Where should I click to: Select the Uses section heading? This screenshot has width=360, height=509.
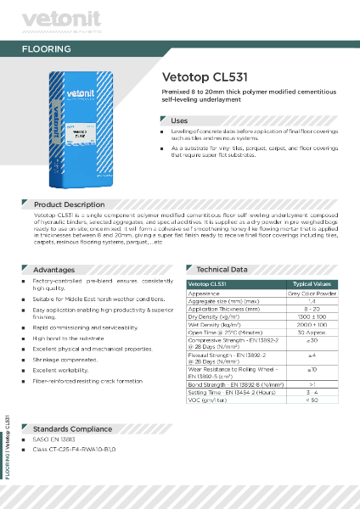(179, 120)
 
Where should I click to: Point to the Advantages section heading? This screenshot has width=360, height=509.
(53, 269)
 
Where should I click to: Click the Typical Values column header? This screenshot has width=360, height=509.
(312, 284)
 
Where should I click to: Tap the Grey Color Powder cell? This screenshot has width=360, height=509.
(312, 293)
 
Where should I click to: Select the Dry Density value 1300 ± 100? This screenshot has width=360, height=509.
(312, 316)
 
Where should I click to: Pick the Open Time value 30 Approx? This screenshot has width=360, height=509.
(312, 331)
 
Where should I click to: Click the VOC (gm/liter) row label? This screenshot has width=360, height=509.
(211, 399)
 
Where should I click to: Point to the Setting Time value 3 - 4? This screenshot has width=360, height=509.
(312, 391)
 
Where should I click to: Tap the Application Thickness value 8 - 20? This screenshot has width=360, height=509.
(312, 308)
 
